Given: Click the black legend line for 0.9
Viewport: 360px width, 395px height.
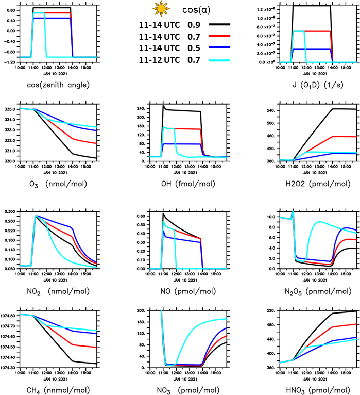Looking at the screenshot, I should (x=219, y=24).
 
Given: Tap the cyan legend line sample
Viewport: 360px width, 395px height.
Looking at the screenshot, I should (x=219, y=60).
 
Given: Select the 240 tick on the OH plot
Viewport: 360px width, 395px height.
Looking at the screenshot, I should (x=138, y=109).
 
